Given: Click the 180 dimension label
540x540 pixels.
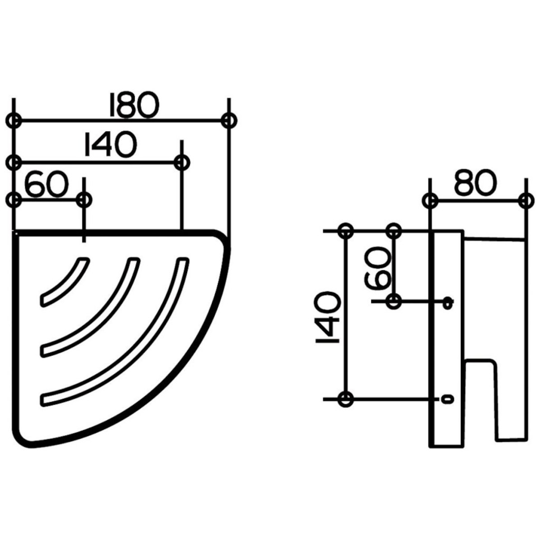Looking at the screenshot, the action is [x=134, y=104].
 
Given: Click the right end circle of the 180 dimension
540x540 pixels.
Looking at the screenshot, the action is [x=229, y=121].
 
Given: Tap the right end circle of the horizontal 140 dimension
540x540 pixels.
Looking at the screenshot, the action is [x=182, y=162].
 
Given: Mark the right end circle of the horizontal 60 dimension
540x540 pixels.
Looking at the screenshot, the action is [x=84, y=199].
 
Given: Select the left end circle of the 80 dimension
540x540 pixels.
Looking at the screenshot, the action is [x=430, y=200].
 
